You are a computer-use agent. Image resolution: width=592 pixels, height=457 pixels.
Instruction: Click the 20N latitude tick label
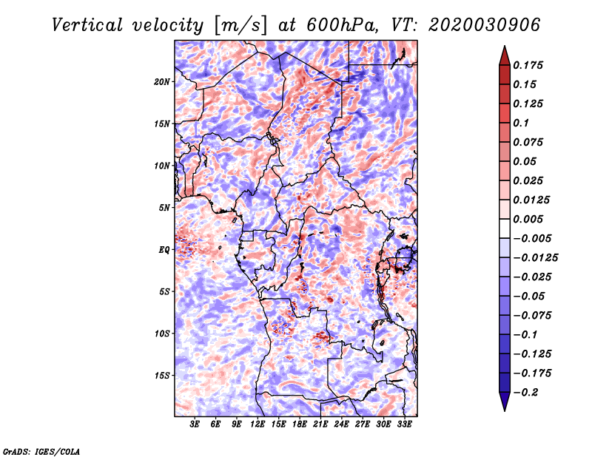pos(161,82)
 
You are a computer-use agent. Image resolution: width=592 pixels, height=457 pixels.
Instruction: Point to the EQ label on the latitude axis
pos(164,250)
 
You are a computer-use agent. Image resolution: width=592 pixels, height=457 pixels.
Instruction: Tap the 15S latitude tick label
pos(161,376)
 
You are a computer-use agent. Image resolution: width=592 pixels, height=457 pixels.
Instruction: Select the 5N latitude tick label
pos(164,208)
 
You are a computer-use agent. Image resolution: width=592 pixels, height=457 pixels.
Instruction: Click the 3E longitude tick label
pos(195,424)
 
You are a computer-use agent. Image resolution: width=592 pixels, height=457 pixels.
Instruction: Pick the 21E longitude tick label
pos(320,424)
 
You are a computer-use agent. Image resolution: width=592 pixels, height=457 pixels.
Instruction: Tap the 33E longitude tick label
pos(404,424)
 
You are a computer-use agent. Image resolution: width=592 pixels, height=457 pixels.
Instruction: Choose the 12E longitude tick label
pos(258,424)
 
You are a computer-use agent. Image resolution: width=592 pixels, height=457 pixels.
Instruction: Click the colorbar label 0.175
pos(528,65)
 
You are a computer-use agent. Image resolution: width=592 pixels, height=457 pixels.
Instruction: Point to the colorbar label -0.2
pos(525,393)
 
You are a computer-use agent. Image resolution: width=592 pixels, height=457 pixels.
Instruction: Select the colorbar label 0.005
pos(528,219)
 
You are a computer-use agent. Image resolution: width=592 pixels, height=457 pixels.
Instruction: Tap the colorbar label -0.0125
pos(535,258)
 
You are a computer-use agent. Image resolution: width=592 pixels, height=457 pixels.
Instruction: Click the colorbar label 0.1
pos(521,123)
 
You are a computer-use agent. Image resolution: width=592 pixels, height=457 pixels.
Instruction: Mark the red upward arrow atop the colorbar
pos(505,55)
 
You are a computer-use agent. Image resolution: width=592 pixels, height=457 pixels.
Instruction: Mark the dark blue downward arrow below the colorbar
pos(505,402)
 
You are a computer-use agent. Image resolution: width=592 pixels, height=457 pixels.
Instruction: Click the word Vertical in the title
pos(87,25)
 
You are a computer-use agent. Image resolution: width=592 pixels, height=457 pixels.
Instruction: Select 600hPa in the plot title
pos(342,25)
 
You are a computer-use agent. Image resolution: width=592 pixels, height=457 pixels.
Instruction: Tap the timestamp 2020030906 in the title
pos(485,25)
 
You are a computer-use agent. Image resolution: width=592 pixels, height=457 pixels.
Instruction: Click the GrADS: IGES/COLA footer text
pos(41,452)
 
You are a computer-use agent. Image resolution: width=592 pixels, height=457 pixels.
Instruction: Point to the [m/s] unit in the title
pos(241,26)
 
